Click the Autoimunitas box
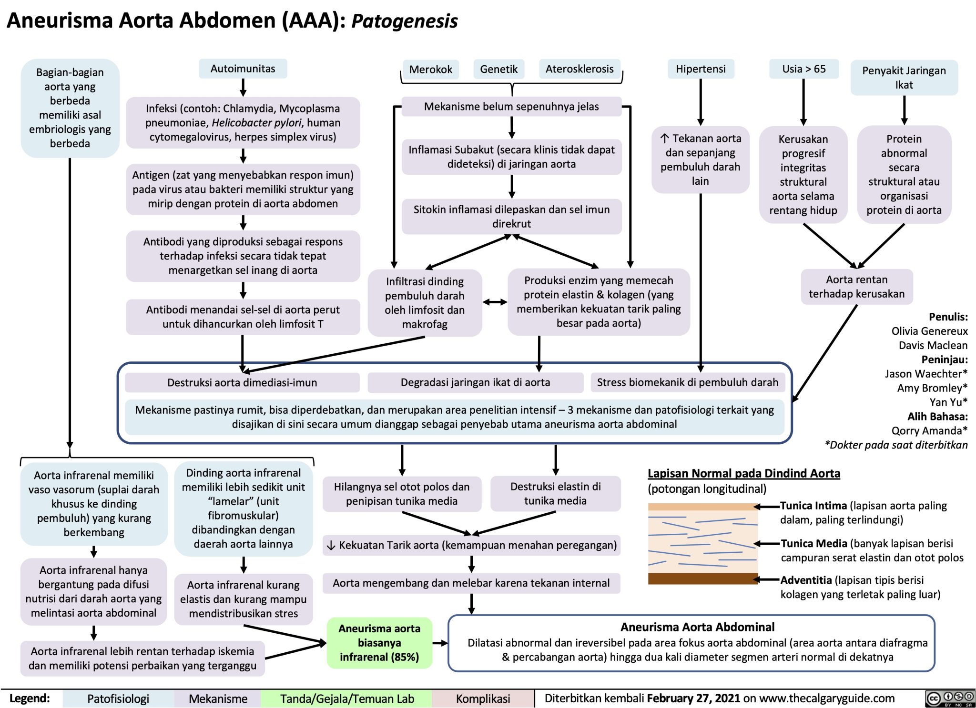243,69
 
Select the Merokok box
430,70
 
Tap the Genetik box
498,70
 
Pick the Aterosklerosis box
579,69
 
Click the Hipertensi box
700,69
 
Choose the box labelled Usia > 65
803,69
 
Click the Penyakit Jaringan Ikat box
904,78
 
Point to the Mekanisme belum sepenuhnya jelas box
511,107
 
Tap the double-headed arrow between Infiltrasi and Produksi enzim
495,302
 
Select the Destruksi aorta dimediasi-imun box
242,382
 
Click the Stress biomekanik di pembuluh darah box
687,382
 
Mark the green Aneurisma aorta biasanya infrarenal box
379,643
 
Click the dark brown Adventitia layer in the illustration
702,579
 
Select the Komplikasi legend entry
483,698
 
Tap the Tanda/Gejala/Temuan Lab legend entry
346,698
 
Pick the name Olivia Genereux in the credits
929,331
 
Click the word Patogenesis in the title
404,21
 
